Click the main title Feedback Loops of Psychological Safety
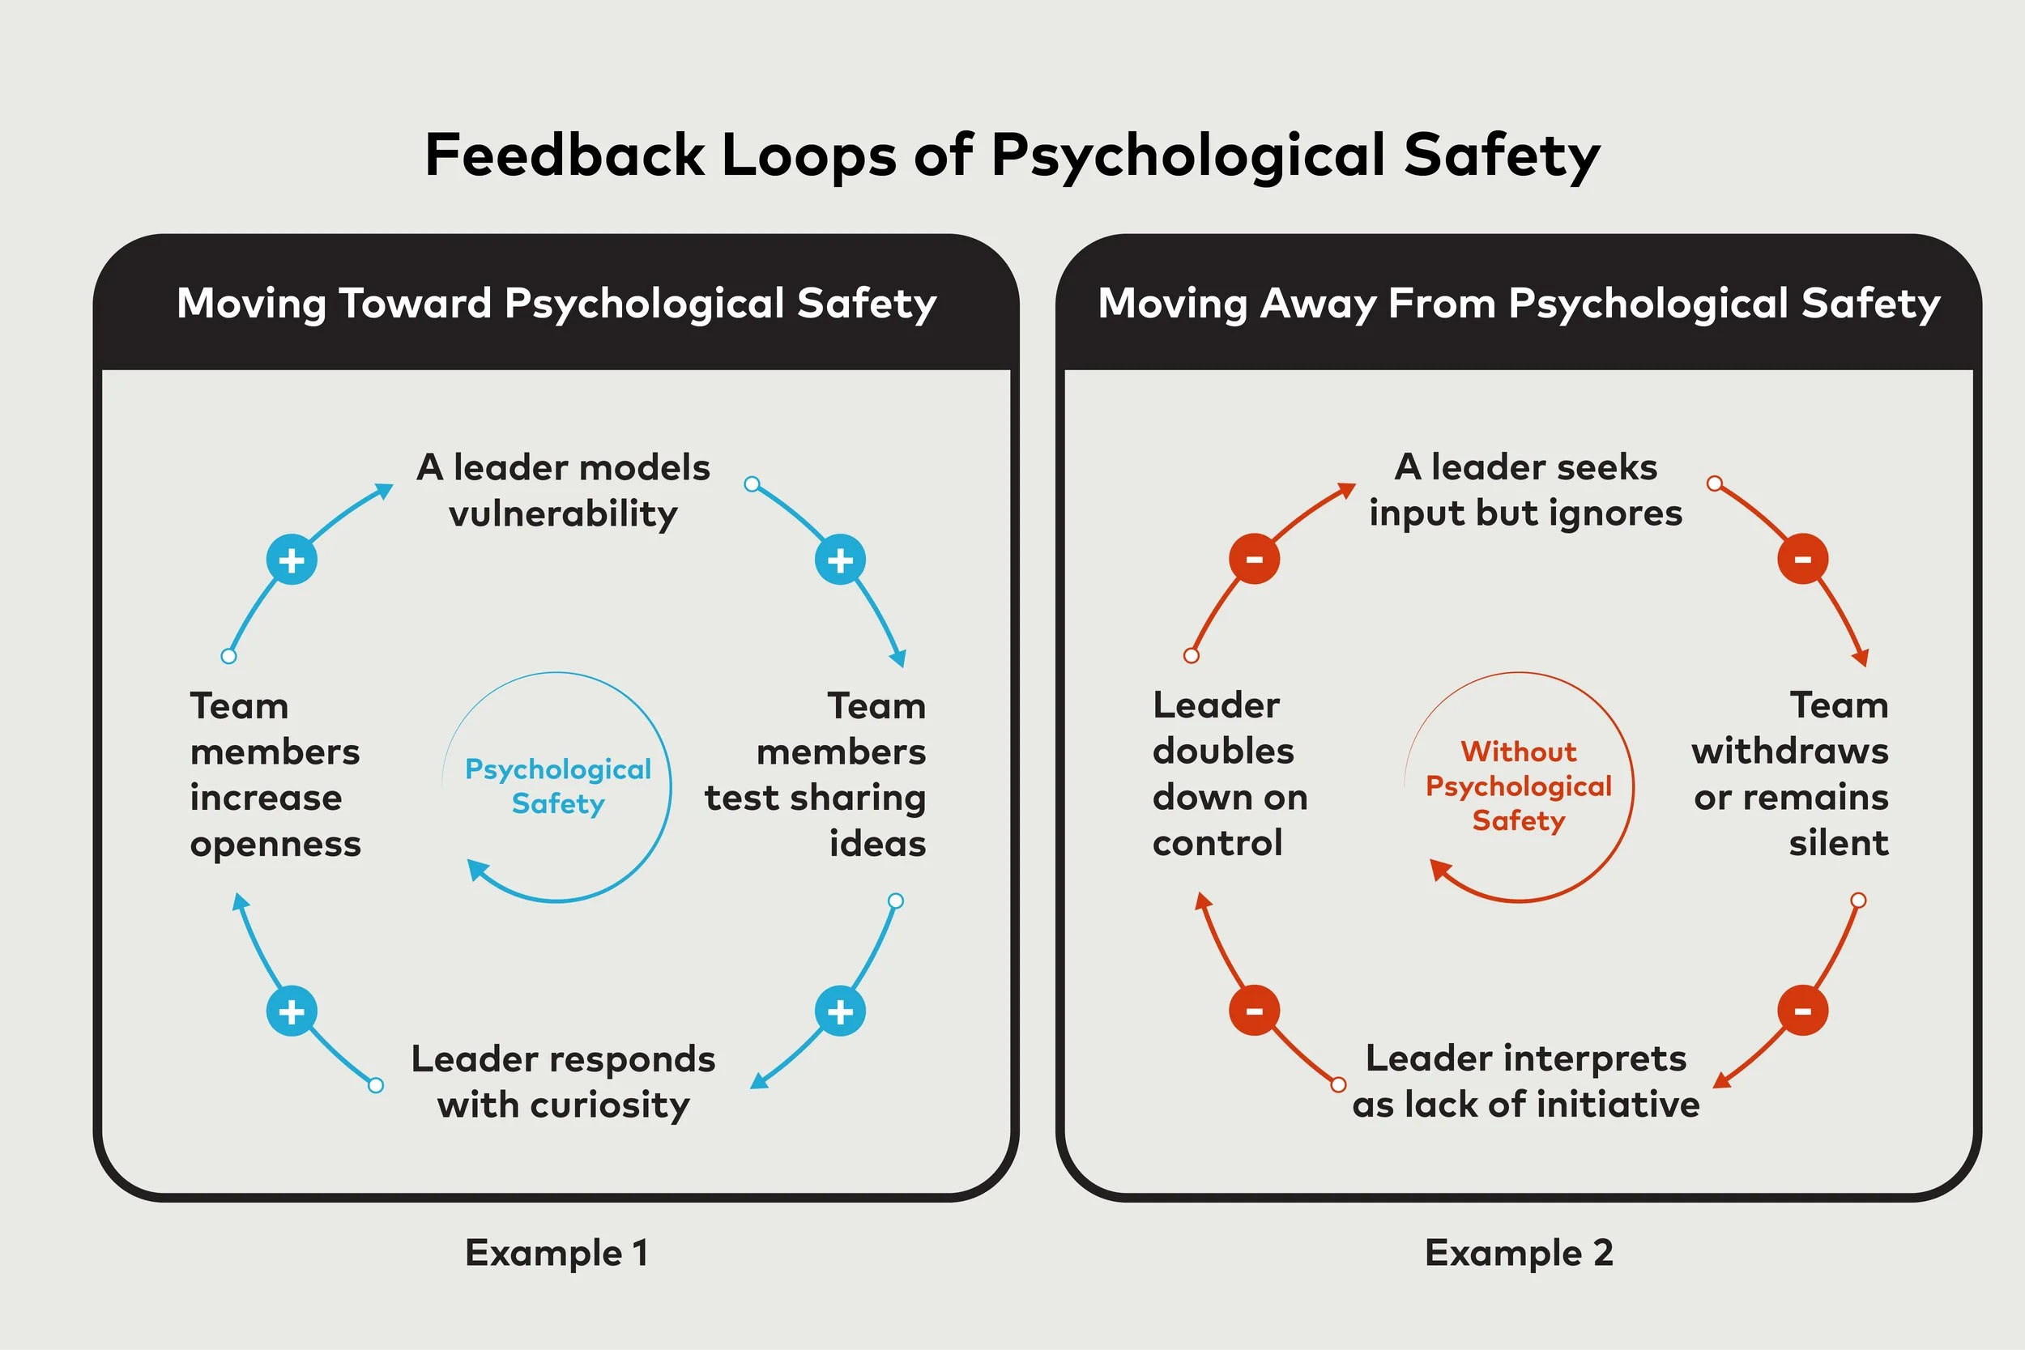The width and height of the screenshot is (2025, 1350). click(x=1013, y=155)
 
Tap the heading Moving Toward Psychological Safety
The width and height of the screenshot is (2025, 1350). click(x=556, y=304)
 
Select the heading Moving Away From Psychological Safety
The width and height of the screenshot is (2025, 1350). click(x=1519, y=304)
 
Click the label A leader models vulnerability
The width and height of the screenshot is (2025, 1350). click(x=563, y=491)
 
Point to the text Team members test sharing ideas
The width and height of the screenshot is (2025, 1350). click(x=816, y=774)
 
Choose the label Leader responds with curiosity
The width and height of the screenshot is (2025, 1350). click(x=563, y=1081)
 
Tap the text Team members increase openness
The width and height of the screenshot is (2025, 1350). click(x=275, y=774)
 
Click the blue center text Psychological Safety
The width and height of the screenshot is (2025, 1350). click(x=558, y=786)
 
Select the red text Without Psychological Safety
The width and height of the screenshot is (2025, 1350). click(x=1519, y=786)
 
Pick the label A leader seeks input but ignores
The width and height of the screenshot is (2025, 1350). click(x=1526, y=490)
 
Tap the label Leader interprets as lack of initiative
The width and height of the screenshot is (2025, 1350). click(x=1526, y=1080)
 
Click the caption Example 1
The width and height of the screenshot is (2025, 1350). click(x=556, y=1253)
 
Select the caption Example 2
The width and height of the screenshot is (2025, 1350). click(x=1519, y=1253)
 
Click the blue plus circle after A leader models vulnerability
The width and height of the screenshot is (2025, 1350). click(x=840, y=560)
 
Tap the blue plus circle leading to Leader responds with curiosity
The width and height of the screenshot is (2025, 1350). click(x=840, y=1011)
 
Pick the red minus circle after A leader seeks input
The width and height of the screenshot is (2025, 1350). click(x=1803, y=559)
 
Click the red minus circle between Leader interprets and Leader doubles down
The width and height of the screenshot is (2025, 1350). click(x=1255, y=1011)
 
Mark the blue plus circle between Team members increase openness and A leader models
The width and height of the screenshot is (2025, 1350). click(x=292, y=560)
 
